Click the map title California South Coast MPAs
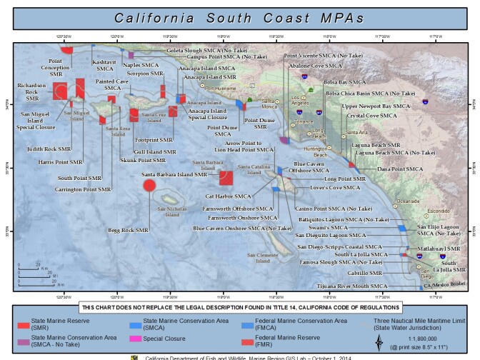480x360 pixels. click(x=239, y=16)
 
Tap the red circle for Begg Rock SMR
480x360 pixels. click(x=149, y=186)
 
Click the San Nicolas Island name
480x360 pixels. click(x=169, y=211)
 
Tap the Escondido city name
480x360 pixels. click(x=438, y=211)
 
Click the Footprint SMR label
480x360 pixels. click(x=154, y=140)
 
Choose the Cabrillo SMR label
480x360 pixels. click(x=365, y=273)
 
